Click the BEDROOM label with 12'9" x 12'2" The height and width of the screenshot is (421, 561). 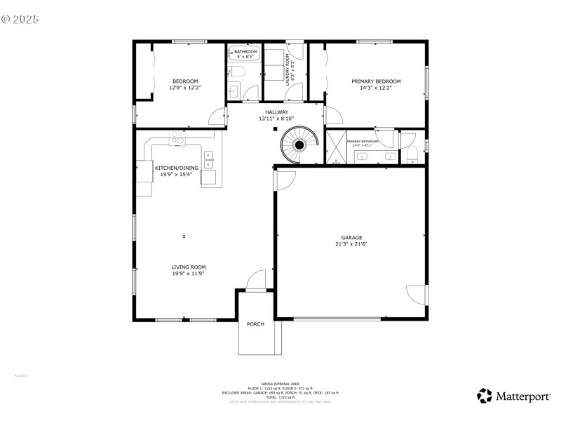[x=184, y=81]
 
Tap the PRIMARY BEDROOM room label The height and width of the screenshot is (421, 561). [x=376, y=81]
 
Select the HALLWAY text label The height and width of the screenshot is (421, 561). [x=276, y=112]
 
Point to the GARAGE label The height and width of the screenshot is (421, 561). [x=351, y=238]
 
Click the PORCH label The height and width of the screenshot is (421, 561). [x=255, y=324]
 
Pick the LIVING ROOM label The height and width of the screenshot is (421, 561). [x=189, y=267]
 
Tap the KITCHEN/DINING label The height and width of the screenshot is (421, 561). [x=177, y=168]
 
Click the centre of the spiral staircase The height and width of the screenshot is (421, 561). [x=299, y=145]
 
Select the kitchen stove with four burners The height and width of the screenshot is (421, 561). [x=177, y=140]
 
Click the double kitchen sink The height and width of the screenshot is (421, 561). [x=208, y=159]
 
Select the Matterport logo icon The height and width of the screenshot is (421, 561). [x=485, y=396]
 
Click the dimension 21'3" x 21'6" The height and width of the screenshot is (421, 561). [x=351, y=244]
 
